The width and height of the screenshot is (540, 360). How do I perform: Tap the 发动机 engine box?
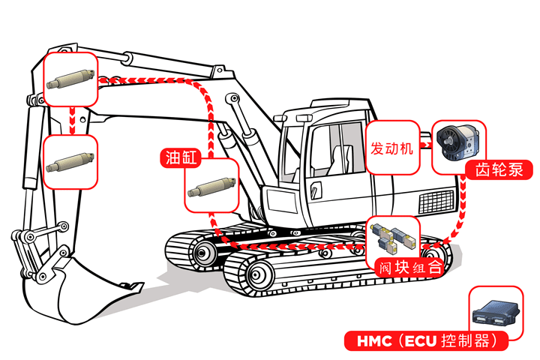click(x=392, y=148)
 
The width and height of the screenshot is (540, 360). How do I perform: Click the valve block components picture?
click(x=394, y=236)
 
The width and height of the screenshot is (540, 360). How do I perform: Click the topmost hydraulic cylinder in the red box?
click(x=70, y=78)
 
